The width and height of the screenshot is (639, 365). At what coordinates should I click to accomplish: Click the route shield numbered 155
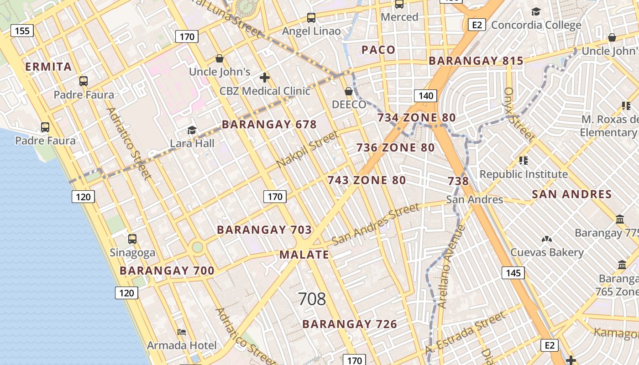pos(22,31)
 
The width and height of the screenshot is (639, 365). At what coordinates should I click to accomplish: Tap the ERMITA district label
pos(48,67)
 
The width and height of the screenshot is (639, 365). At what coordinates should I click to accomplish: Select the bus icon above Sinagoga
pos(132,239)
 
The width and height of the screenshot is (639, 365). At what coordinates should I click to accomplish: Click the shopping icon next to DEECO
pos(349,91)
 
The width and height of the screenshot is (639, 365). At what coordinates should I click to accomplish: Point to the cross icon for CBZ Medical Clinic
pos(264,77)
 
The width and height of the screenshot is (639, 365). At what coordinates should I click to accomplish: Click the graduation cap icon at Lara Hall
pos(192,130)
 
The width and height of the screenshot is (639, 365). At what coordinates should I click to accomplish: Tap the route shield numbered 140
pos(425,96)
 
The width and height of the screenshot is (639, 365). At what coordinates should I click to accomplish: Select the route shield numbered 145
pos(513,273)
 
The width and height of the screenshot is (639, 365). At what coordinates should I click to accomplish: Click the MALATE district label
pos(304,255)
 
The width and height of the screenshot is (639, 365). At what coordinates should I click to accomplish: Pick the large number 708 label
pos(312,299)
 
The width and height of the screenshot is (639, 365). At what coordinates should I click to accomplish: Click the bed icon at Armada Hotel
pos(182,332)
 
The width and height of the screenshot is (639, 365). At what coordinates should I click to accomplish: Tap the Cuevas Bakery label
pos(547,252)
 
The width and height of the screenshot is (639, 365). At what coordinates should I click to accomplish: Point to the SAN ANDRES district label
pos(571,194)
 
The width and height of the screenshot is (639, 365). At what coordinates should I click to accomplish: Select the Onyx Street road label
pos(519,114)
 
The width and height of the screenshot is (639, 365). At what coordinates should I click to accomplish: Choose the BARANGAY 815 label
pos(476,61)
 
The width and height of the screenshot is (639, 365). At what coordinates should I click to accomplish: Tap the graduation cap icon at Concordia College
pos(536,11)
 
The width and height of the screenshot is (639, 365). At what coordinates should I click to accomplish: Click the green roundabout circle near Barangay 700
pos(197,247)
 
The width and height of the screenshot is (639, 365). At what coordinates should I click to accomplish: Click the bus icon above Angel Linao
pos(311,18)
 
